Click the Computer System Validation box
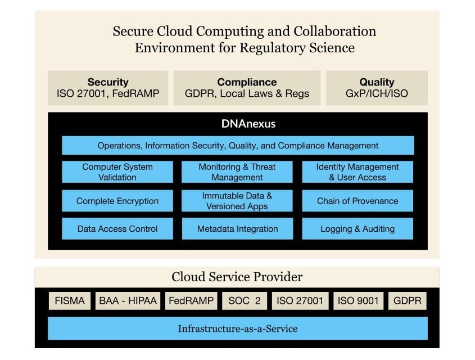(117, 172)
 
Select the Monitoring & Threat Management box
(237, 172)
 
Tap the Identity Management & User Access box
(358, 172)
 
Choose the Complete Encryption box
(117, 201)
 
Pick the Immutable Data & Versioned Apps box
(237, 201)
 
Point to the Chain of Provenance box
(358, 201)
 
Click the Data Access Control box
(117, 229)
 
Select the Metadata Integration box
(237, 229)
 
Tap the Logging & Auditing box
(358, 229)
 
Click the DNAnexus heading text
(237, 124)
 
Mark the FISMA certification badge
(70, 301)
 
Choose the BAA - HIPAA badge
(127, 301)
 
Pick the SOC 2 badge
(244, 301)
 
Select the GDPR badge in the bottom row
(407, 301)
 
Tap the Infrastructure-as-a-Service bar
(237, 328)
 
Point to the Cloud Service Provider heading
(237, 277)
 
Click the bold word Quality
(377, 82)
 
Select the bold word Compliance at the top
(247, 82)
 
